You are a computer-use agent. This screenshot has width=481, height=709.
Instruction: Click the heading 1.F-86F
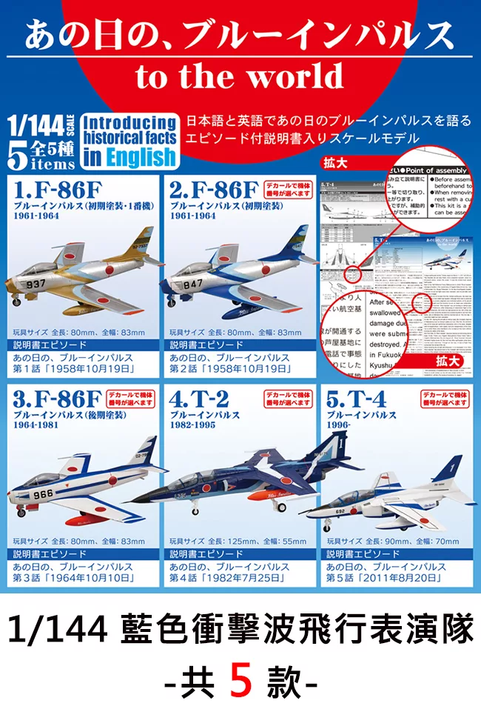coord(50,185)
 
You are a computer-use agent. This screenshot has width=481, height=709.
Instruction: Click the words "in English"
coord(129,156)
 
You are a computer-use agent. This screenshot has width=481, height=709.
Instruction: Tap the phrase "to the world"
coord(240,76)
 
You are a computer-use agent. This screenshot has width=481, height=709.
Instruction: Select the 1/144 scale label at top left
coord(36,122)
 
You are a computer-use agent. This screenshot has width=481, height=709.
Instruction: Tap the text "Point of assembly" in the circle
coord(443,170)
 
